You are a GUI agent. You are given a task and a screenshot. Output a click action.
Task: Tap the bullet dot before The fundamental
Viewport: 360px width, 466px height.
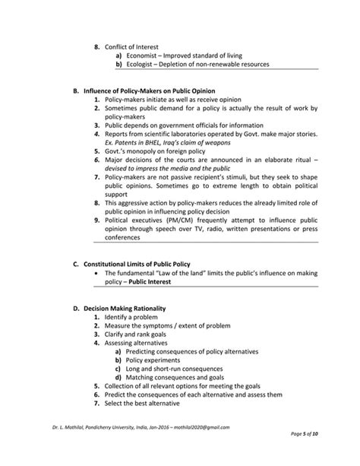tap(96, 273)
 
